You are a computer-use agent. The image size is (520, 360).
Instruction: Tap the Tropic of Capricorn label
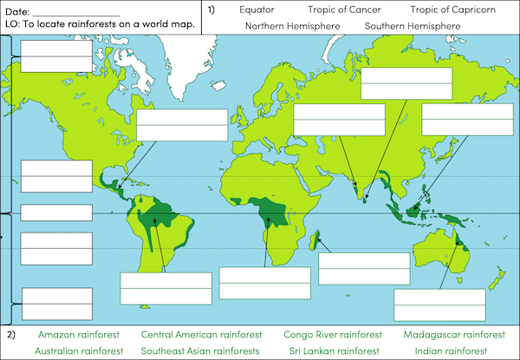click(x=452, y=10)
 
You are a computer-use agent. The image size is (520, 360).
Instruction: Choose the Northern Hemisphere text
click(x=292, y=26)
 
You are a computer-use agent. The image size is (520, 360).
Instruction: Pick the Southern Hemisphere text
click(x=413, y=26)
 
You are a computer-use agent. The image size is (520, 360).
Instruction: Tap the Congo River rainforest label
click(x=332, y=335)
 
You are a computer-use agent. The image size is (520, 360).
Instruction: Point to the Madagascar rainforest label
click(x=453, y=335)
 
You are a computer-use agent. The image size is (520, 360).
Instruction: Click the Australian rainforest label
click(x=79, y=351)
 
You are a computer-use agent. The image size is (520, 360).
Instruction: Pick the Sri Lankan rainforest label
click(x=322, y=351)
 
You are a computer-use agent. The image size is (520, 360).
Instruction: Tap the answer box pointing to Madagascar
click(x=364, y=268)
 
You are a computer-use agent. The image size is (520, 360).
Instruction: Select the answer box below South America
click(x=166, y=289)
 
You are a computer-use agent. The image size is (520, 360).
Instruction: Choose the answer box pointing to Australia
click(x=439, y=305)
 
